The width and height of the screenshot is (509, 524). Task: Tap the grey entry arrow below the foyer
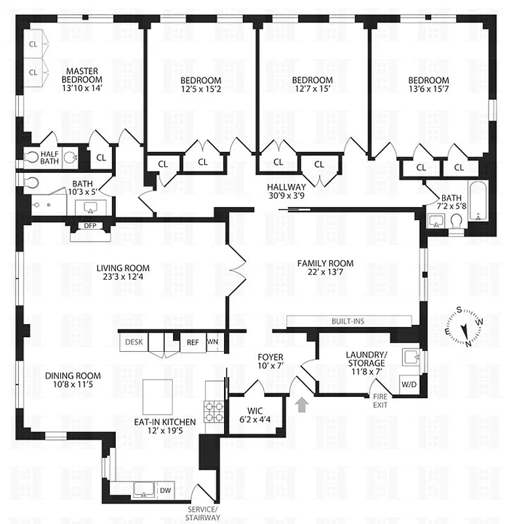coord(302,405)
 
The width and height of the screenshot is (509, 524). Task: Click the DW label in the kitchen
coord(165,489)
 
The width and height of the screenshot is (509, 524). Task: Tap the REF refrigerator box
coord(193,341)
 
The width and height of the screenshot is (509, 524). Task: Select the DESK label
coord(134,341)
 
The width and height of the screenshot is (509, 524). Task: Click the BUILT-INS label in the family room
coord(349,321)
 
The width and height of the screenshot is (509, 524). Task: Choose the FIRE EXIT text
coord(381,401)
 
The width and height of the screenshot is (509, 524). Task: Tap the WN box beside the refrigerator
coord(212,341)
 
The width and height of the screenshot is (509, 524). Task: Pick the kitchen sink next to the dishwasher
coord(143,489)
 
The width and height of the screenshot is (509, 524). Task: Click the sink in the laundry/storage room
coord(411,356)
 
